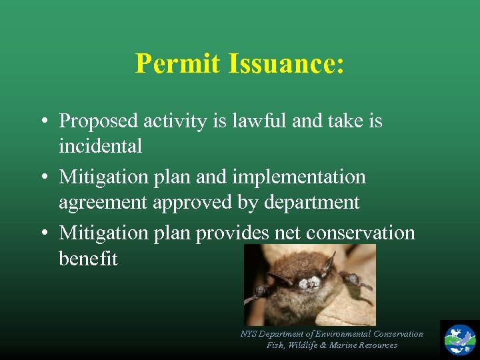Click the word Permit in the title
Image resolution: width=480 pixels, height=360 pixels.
[x=177, y=64]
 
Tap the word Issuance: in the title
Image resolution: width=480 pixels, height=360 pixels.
[x=286, y=64]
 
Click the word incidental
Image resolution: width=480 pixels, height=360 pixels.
[x=100, y=146]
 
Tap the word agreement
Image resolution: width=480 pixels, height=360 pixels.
[x=103, y=203]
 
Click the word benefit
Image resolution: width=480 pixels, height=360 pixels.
[x=88, y=258]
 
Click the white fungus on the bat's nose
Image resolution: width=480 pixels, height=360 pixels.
[x=307, y=283]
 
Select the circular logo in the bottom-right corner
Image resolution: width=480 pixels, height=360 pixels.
[x=460, y=339]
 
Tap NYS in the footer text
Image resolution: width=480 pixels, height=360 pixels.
[x=248, y=334]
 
